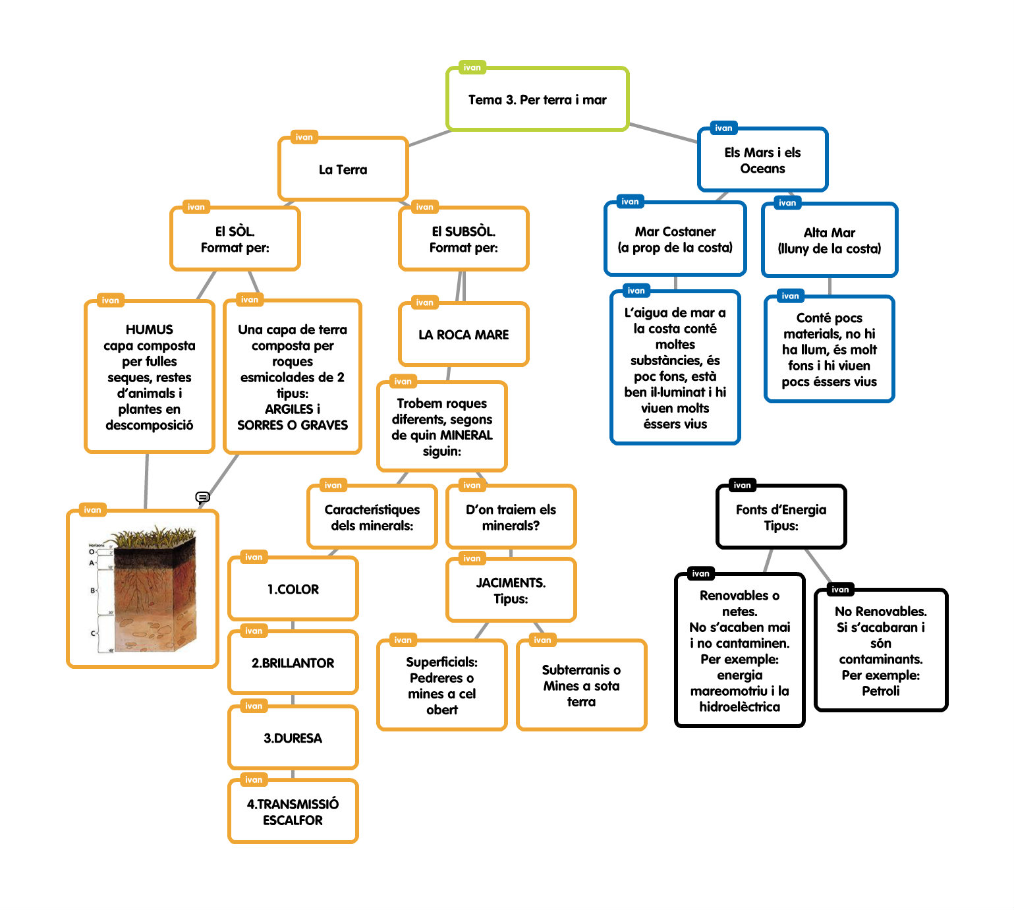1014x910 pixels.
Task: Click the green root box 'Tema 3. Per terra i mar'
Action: pyautogui.click(x=537, y=100)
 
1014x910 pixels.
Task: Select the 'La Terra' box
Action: pyautogui.click(x=343, y=169)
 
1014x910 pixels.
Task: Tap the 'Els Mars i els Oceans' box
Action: pyautogui.click(x=762, y=160)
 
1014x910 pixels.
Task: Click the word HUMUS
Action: pyautogui.click(x=150, y=329)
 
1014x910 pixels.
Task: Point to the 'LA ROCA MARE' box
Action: pyautogui.click(x=463, y=335)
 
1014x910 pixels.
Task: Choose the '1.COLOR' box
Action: pyautogui.click(x=293, y=589)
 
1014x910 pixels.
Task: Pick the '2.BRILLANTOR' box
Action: pyautogui.click(x=293, y=663)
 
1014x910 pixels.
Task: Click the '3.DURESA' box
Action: pyautogui.click(x=293, y=738)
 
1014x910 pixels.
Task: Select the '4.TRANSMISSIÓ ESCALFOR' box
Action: pyautogui.click(x=293, y=812)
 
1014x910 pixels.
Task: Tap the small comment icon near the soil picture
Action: pyautogui.click(x=202, y=497)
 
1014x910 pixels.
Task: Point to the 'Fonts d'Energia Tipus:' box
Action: pyautogui.click(x=781, y=517)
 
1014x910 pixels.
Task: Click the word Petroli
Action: pyautogui.click(x=880, y=691)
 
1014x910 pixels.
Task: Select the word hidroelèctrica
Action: pyautogui.click(x=739, y=707)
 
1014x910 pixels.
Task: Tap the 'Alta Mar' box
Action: pyautogui.click(x=829, y=241)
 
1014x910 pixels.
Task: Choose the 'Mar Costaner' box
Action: pyautogui.click(x=675, y=239)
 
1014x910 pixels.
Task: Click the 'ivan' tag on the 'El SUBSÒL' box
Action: pyautogui.click(x=425, y=207)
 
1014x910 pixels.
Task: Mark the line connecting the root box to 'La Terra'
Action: pyautogui.click(x=430, y=138)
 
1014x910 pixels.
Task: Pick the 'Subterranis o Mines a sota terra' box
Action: pyautogui.click(x=581, y=685)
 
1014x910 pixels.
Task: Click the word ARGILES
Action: pyautogui.click(x=289, y=409)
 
